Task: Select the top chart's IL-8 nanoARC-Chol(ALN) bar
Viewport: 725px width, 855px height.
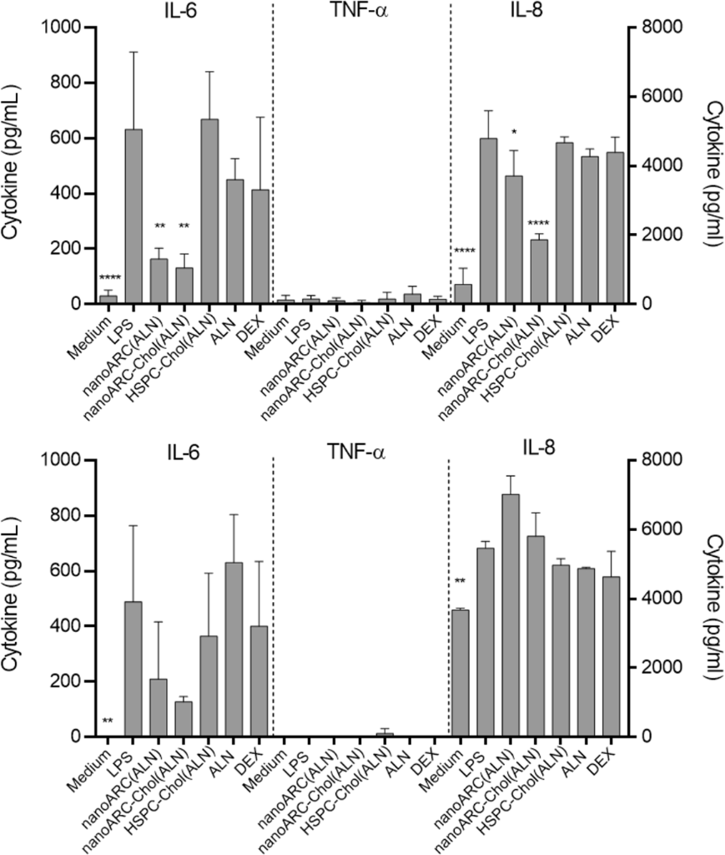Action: point(539,271)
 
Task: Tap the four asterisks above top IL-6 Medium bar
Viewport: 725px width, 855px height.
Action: point(108,278)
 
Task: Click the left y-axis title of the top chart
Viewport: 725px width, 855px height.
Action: point(14,167)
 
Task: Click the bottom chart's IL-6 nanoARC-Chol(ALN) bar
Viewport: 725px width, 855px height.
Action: point(184,719)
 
